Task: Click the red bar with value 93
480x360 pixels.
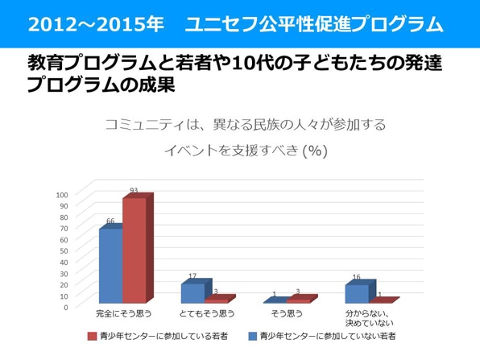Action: click(134, 250)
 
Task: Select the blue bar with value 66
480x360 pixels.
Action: click(110, 266)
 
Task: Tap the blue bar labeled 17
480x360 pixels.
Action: click(192, 293)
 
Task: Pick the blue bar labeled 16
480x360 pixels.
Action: click(356, 294)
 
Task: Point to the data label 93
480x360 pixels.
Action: click(134, 191)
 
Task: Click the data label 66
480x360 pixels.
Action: click(110, 221)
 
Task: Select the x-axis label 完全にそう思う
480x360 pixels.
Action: click(123, 312)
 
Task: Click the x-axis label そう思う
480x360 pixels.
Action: click(287, 312)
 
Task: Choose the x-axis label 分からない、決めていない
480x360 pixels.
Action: click(369, 317)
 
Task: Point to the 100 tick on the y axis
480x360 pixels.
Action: click(62, 194)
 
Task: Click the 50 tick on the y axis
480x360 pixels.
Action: click(64, 250)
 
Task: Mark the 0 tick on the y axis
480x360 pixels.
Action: click(66, 307)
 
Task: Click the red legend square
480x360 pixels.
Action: click(92, 335)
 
